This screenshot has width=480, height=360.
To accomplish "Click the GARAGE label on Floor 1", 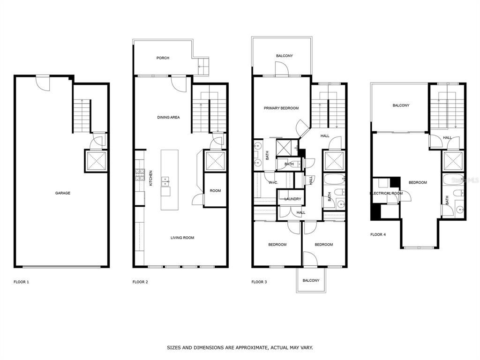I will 62,193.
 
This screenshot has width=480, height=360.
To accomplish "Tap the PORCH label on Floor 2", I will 163,58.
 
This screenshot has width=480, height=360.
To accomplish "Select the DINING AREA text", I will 168,117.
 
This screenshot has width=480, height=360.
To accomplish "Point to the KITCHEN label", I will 150,178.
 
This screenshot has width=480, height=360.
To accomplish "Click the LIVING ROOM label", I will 182,238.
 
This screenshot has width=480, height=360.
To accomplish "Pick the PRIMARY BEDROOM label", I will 281,108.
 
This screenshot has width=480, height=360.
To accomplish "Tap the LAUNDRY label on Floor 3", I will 292,199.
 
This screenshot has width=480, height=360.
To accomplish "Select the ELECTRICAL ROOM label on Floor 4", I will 386,193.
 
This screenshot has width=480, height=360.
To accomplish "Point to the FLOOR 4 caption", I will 378,234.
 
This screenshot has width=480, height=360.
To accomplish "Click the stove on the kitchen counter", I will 139,176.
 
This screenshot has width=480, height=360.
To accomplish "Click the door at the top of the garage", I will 43,83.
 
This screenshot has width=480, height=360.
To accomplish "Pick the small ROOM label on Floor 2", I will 215,191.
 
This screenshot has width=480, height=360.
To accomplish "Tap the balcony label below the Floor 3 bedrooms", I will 311,280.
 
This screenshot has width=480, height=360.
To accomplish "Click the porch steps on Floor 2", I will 202,66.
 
